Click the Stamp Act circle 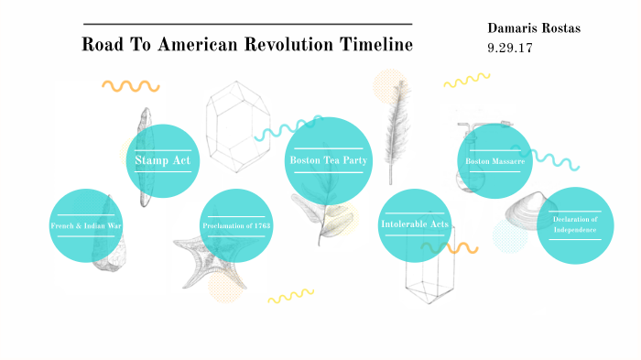pos(161,161)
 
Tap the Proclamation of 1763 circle pos(236,225)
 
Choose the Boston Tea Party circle pos(328,159)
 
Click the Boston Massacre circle pos(494,161)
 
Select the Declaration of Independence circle pos(575,225)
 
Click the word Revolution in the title pos(288,45)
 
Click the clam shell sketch pos(519,203)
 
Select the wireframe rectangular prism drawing pos(430,275)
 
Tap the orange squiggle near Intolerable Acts pos(455,247)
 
